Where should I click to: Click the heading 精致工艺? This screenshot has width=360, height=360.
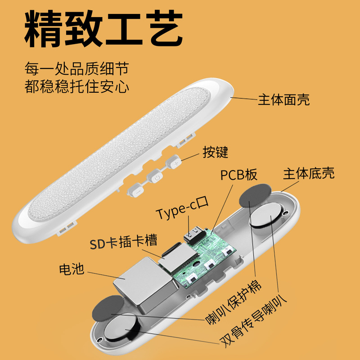(103, 27)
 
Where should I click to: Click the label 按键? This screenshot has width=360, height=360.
(215, 152)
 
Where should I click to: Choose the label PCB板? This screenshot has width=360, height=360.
(238, 175)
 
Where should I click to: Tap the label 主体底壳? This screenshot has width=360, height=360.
(309, 174)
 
